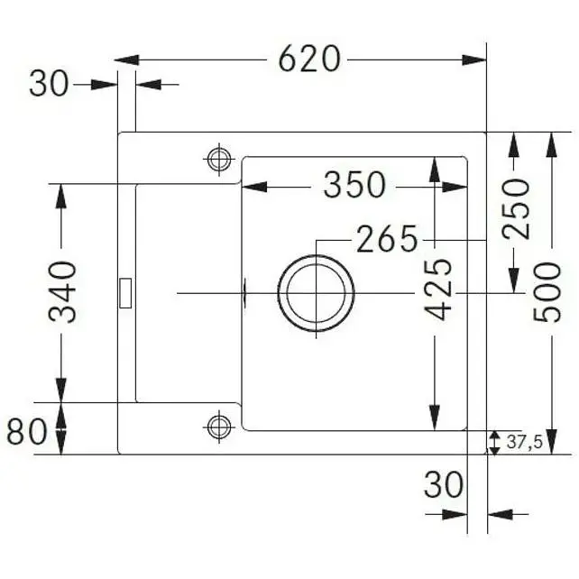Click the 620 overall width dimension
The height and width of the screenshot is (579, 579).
(308, 60)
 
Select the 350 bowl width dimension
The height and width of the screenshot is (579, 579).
(354, 185)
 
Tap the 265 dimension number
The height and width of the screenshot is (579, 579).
(387, 239)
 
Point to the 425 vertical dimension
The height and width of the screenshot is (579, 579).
(438, 289)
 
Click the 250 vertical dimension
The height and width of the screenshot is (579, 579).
(516, 208)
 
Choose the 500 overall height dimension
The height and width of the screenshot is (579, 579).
(547, 292)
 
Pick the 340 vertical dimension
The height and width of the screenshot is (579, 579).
(62, 291)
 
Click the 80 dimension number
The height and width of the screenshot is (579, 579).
(27, 432)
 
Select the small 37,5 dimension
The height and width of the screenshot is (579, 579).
(524, 441)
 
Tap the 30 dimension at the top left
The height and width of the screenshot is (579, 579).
(49, 84)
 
